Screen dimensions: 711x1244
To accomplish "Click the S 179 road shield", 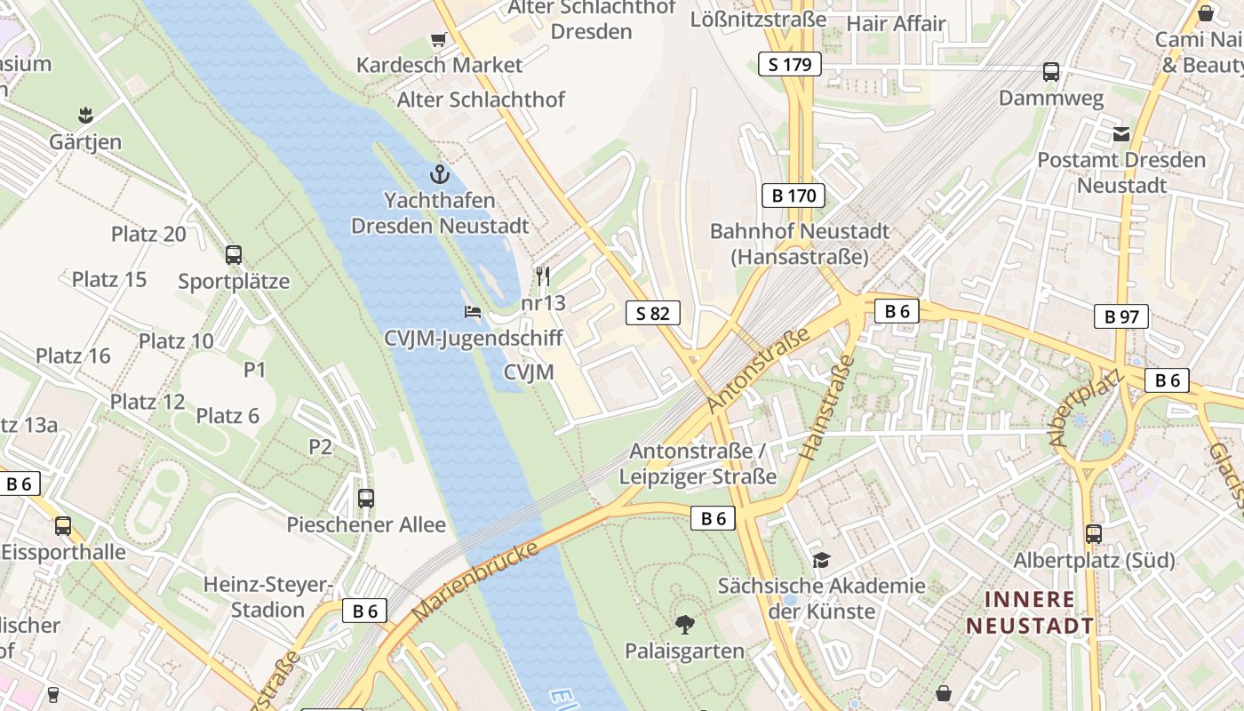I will (x=789, y=64).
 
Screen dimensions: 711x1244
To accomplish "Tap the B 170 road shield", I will (x=793, y=196).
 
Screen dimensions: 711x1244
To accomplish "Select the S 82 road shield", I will (x=652, y=313).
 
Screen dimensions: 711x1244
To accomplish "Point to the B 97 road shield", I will (x=1120, y=316).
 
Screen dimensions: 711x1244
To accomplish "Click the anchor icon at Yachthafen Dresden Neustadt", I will (x=439, y=173).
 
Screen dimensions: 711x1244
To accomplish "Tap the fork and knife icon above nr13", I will (x=543, y=276).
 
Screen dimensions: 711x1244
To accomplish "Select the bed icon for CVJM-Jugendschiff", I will (x=473, y=311).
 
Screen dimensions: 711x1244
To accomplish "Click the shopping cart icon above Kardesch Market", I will (x=438, y=39).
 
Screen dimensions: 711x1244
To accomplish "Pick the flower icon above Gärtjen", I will (x=85, y=115).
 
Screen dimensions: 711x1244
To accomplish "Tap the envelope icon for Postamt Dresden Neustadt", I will (x=1120, y=134).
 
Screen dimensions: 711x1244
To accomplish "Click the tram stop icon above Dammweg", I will (x=1051, y=72).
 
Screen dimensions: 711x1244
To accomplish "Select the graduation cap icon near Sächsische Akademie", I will (x=821, y=560).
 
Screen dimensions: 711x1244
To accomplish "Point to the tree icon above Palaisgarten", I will (x=684, y=625).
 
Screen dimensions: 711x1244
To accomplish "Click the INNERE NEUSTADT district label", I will (x=1030, y=612).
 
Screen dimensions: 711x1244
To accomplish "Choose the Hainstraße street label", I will (x=826, y=407).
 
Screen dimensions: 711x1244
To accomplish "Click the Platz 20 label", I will (x=148, y=234).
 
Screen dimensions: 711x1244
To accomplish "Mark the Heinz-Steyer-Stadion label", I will (x=267, y=597).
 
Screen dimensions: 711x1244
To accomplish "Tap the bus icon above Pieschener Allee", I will (x=365, y=499).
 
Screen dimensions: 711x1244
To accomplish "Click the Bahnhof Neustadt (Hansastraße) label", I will (x=799, y=244).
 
